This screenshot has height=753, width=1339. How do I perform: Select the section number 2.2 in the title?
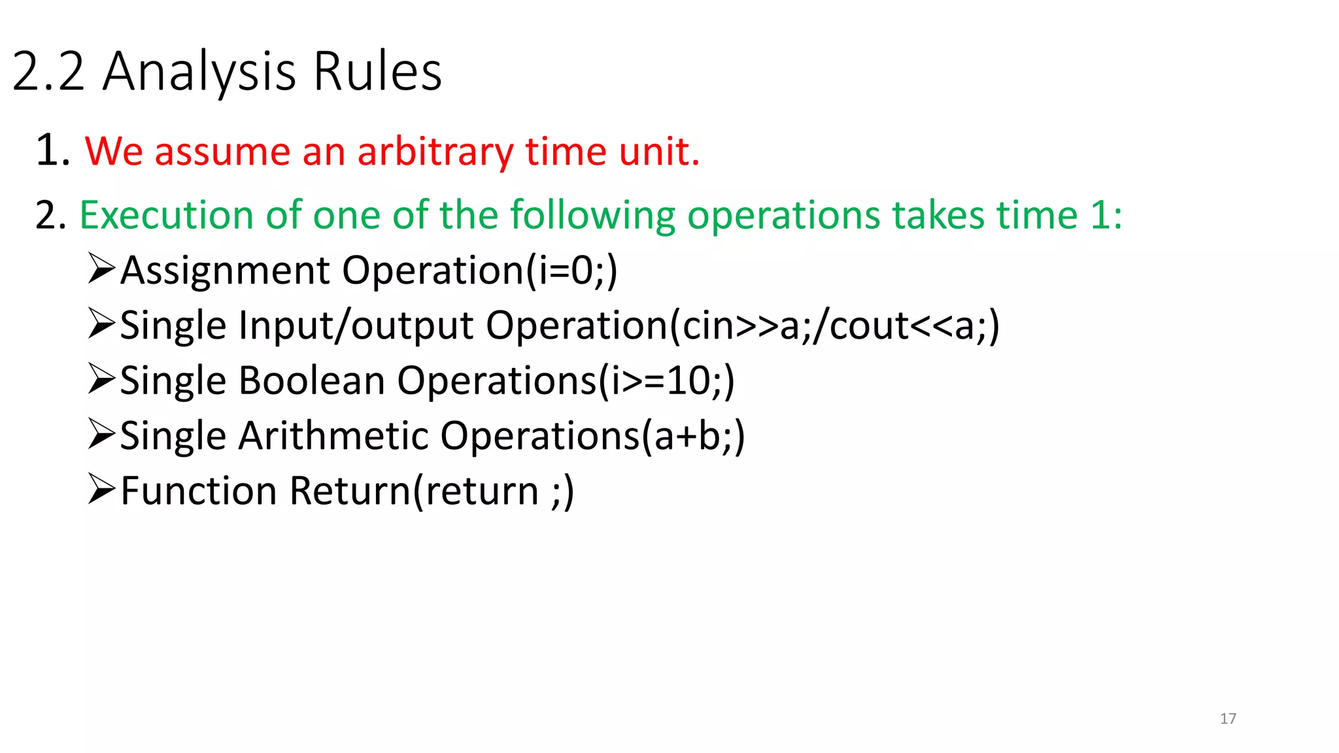click(49, 71)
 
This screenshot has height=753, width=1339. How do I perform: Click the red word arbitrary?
click(435, 152)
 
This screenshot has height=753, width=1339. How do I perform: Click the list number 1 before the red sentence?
click(52, 150)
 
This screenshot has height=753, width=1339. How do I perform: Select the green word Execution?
click(166, 215)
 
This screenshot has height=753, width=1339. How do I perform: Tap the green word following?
click(592, 215)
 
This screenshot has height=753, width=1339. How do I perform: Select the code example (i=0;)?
click(571, 271)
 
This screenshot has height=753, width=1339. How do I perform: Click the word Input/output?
click(356, 326)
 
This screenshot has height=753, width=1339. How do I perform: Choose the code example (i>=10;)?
click(667, 380)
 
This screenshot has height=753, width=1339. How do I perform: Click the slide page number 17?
click(1228, 718)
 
